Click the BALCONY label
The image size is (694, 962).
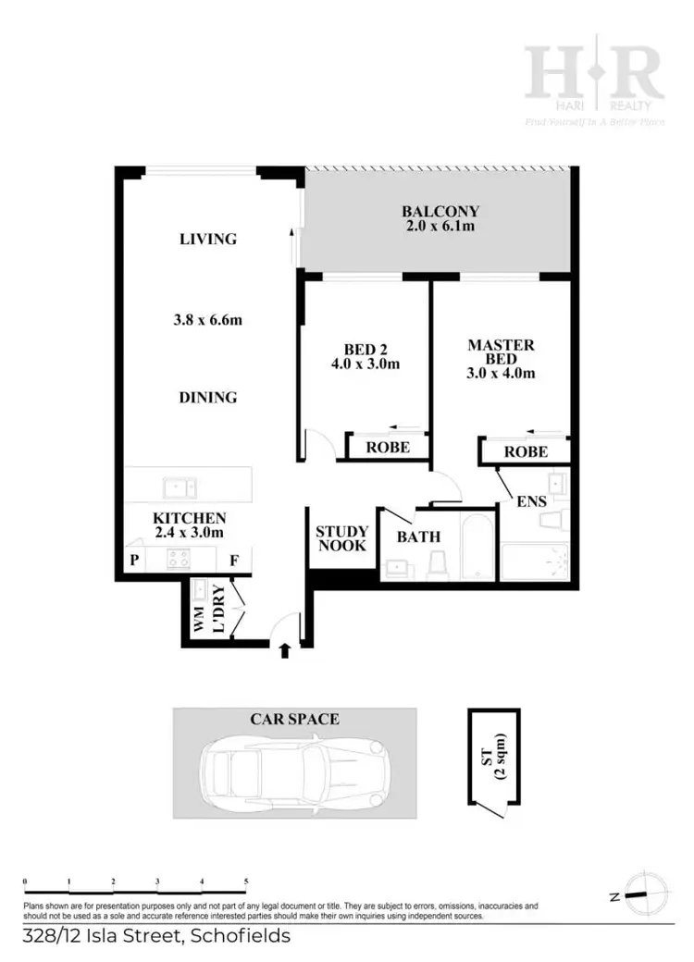pyautogui.click(x=440, y=210)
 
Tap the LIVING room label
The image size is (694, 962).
pyautogui.click(x=208, y=239)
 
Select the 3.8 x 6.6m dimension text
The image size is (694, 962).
pyautogui.click(x=214, y=321)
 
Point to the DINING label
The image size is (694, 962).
pyautogui.click(x=208, y=398)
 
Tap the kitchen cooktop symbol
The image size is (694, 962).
pyautogui.click(x=177, y=558)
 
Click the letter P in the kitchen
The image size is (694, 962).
pyautogui.click(x=134, y=560)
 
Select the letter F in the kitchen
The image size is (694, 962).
pyautogui.click(x=233, y=560)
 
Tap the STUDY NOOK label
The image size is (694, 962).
pyautogui.click(x=341, y=538)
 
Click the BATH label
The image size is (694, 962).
pyautogui.click(x=418, y=536)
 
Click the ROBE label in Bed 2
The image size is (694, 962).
pyautogui.click(x=387, y=447)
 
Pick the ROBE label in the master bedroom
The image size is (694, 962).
pyautogui.click(x=524, y=452)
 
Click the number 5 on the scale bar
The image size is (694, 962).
pyautogui.click(x=246, y=882)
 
